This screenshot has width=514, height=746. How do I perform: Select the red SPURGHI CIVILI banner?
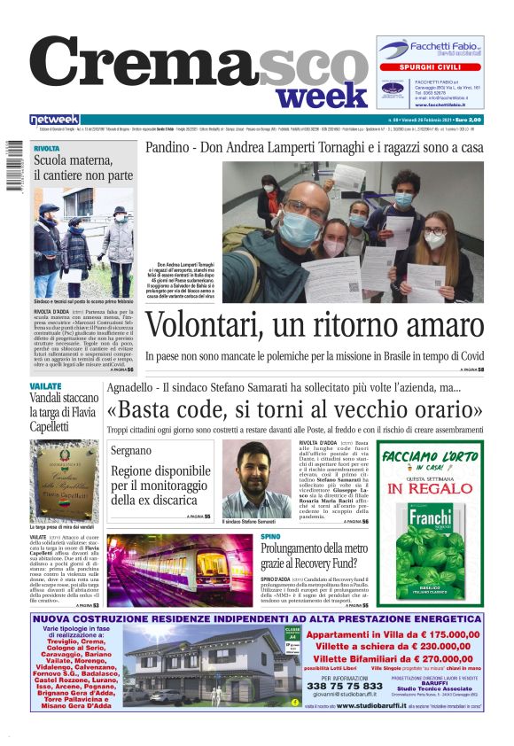pyautogui.click(x=430, y=67)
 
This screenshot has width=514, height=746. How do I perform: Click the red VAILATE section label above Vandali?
pyautogui.click(x=45, y=387)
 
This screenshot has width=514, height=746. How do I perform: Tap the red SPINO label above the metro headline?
pyautogui.click(x=271, y=537)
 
